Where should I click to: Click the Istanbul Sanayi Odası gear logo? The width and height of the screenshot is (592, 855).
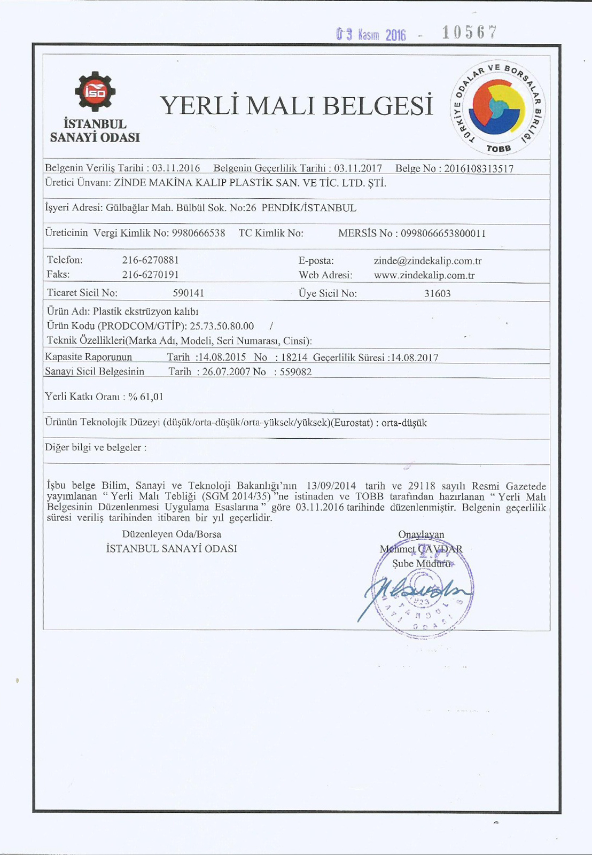point(95,91)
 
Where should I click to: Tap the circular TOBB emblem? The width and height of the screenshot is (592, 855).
point(497,106)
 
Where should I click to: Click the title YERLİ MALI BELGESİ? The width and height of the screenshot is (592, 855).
point(297,105)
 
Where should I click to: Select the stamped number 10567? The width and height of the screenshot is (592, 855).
point(469,33)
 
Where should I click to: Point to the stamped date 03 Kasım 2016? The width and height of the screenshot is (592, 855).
point(371,35)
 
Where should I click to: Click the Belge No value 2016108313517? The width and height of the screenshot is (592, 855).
point(479,169)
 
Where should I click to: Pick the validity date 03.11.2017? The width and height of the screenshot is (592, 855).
point(358,168)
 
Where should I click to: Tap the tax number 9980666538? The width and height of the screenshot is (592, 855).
point(198,233)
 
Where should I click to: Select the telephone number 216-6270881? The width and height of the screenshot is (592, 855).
point(151,260)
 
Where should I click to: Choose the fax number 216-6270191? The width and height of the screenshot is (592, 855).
point(151,275)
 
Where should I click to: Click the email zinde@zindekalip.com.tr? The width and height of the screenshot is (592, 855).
point(427,261)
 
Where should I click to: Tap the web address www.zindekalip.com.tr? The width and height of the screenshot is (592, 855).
point(424,276)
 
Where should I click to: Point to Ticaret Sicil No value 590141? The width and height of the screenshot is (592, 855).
point(189,293)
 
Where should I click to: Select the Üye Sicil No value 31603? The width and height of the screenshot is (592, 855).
point(438,293)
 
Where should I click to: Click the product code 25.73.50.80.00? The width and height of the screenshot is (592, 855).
point(222,326)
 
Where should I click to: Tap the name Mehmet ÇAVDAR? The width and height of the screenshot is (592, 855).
point(421,549)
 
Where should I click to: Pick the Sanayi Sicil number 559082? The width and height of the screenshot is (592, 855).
point(296,372)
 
